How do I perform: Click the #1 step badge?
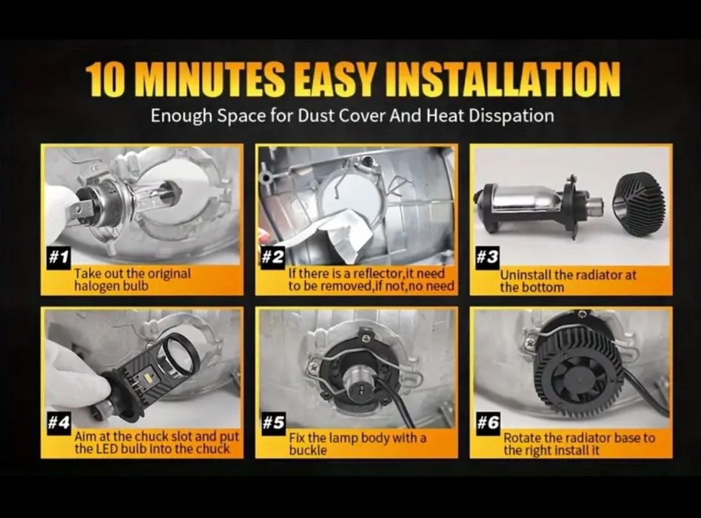[58, 258]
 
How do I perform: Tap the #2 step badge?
[272, 258]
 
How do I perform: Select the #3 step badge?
[487, 258]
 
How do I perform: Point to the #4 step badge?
[58, 423]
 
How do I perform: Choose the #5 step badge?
[272, 423]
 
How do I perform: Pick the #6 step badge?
[487, 423]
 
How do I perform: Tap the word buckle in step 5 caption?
[308, 450]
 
